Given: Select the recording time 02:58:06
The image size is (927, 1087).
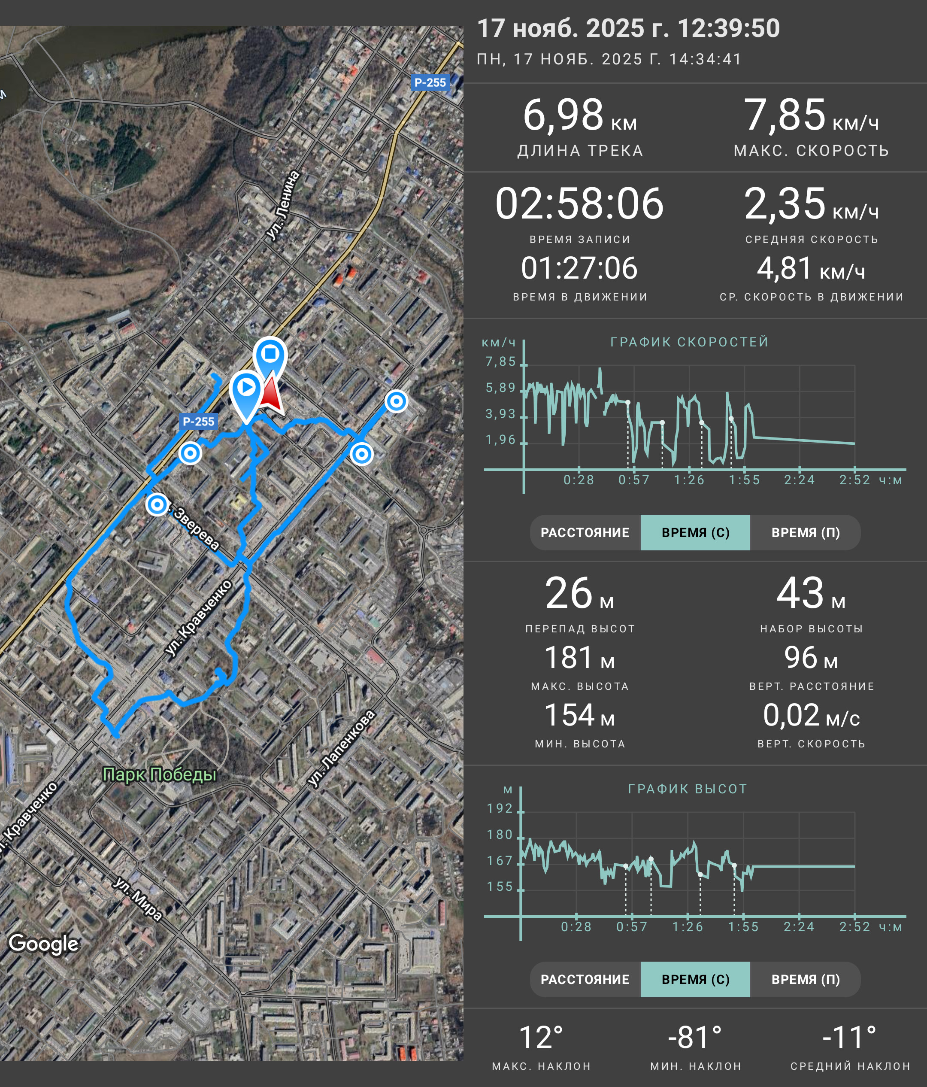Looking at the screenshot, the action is tap(579, 203).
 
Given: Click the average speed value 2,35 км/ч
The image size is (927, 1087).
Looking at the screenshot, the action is tap(811, 203).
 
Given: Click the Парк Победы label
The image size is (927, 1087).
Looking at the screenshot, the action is tap(159, 775).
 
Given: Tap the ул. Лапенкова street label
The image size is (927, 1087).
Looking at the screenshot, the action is tap(341, 748).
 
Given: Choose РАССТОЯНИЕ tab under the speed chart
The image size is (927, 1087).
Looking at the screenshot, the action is tap(585, 532).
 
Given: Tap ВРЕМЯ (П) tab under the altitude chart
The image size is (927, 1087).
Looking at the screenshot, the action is tap(806, 979).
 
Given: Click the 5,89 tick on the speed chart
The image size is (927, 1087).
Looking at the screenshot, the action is tap(500, 388).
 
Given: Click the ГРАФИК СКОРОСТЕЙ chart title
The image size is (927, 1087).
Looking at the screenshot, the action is tap(689, 342).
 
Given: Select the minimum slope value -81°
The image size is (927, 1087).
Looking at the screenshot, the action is tap(695, 1037).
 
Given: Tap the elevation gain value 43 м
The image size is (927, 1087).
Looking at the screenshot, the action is tap(811, 593).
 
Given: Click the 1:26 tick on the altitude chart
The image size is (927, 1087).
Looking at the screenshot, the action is tap(688, 927).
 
